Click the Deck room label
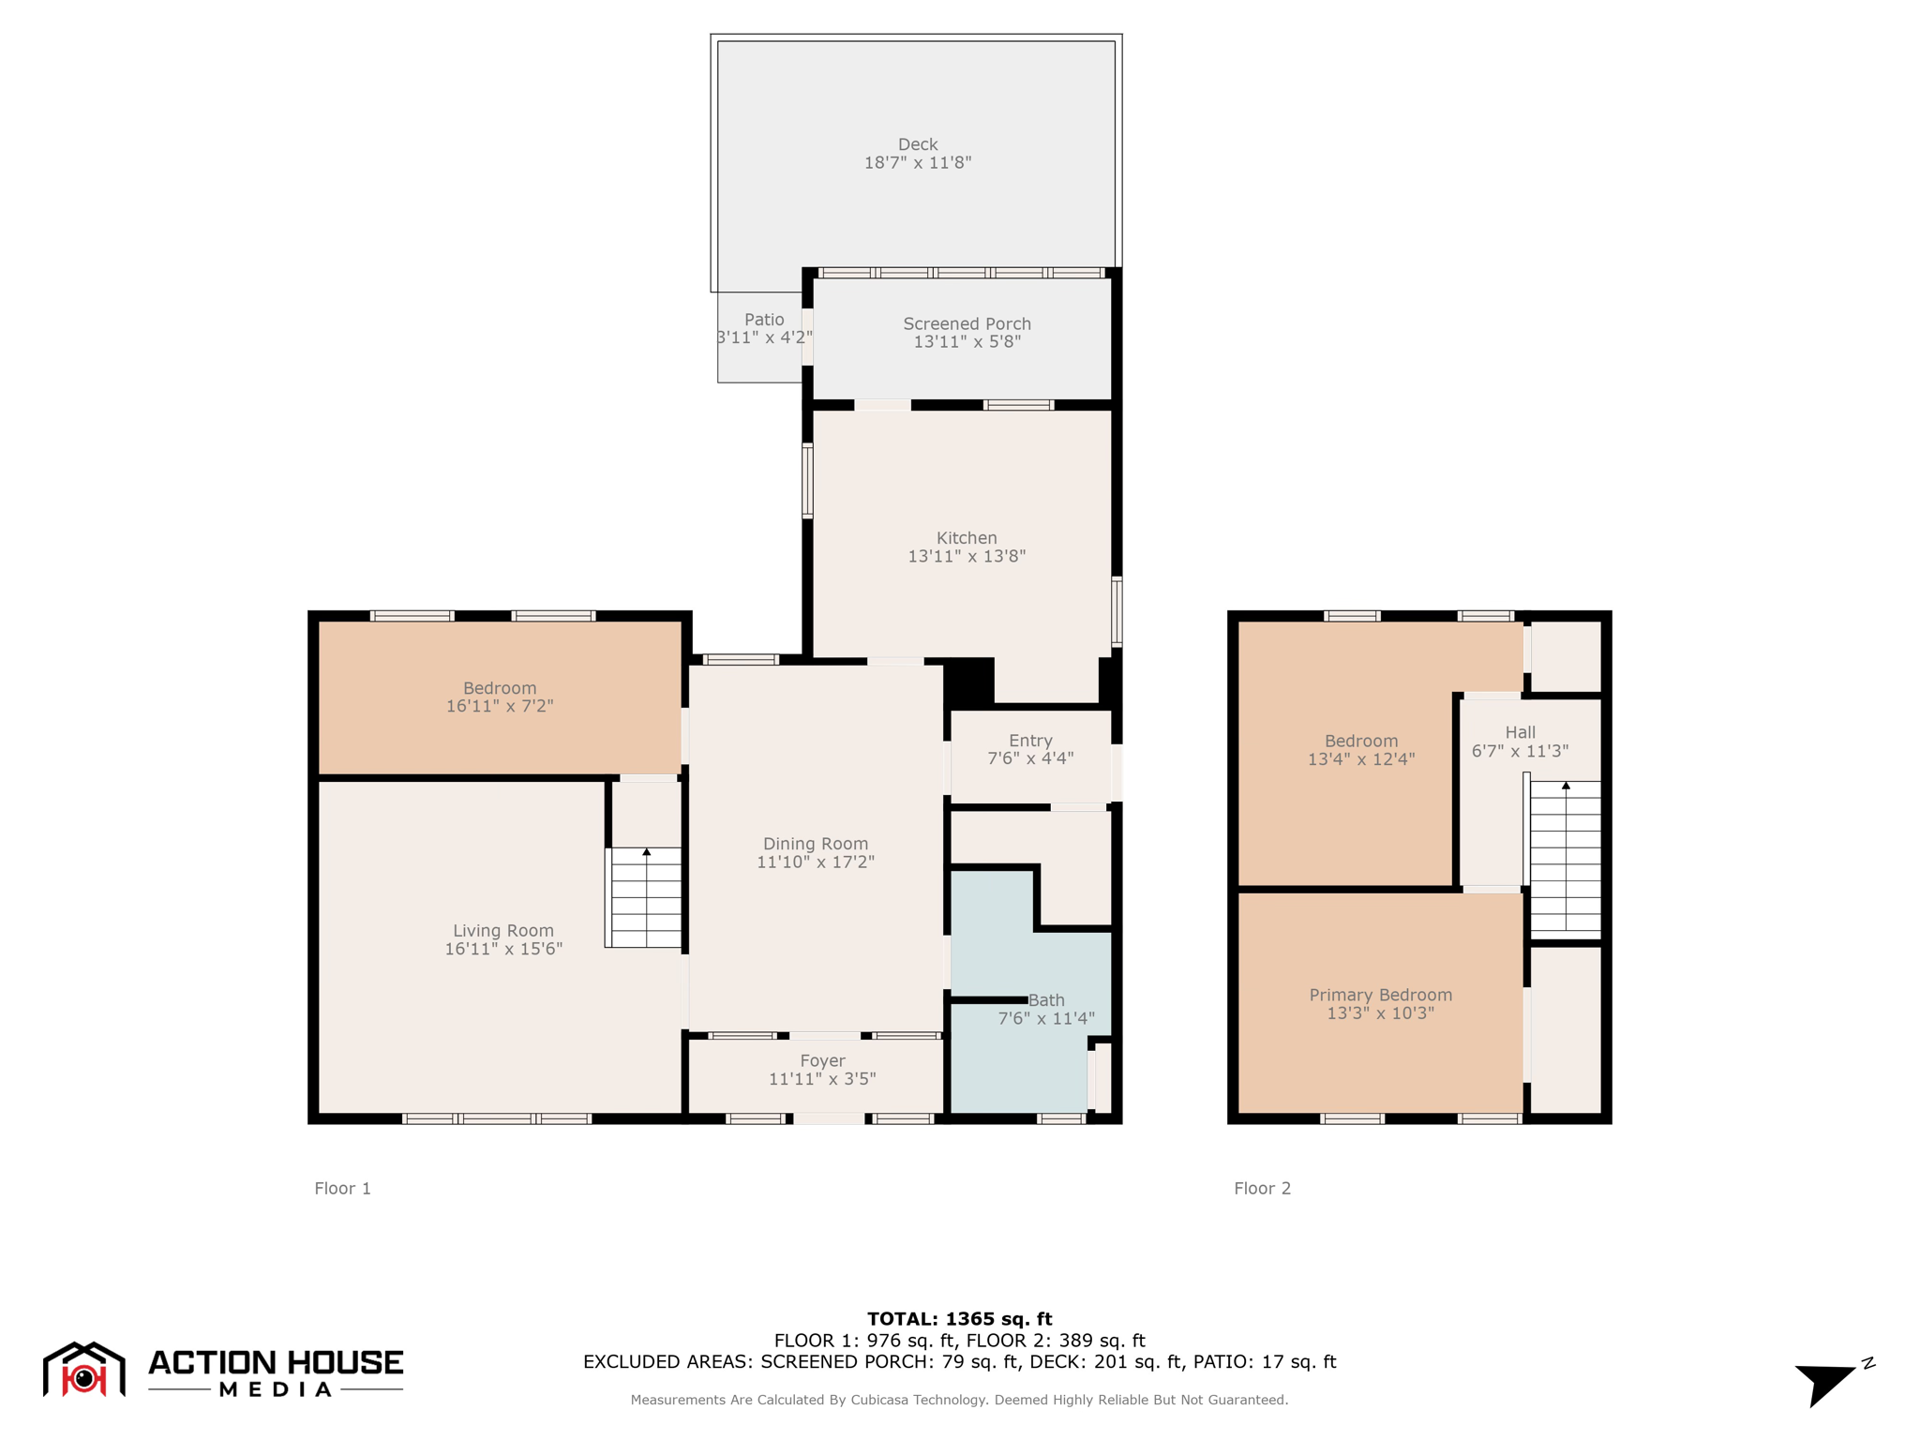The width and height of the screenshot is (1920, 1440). (x=917, y=144)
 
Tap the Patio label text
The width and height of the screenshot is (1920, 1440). (x=764, y=320)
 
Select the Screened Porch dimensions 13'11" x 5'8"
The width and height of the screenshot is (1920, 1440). (x=967, y=342)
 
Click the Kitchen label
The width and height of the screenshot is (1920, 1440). (x=967, y=538)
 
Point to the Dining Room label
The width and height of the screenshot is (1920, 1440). (x=815, y=844)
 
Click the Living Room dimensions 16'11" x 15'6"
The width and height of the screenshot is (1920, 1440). (x=503, y=949)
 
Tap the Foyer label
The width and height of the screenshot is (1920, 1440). (x=822, y=1060)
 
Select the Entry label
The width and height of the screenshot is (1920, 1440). (x=1030, y=741)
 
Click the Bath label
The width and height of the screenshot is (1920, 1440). (x=1046, y=1000)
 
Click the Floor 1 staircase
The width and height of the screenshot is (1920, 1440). (x=646, y=898)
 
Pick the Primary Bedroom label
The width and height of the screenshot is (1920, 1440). (x=1380, y=995)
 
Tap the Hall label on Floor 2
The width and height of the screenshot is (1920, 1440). (x=1520, y=732)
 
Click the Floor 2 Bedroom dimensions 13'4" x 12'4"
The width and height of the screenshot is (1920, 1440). (x=1360, y=759)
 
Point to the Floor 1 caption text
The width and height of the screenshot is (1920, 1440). (x=342, y=1189)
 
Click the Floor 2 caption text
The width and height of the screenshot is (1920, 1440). (x=1262, y=1189)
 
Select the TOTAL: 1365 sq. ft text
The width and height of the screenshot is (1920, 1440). (x=959, y=1319)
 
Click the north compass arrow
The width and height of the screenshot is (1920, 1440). (x=1825, y=1383)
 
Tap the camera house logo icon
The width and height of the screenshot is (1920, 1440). (x=84, y=1371)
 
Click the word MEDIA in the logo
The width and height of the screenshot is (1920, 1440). (x=275, y=1389)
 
